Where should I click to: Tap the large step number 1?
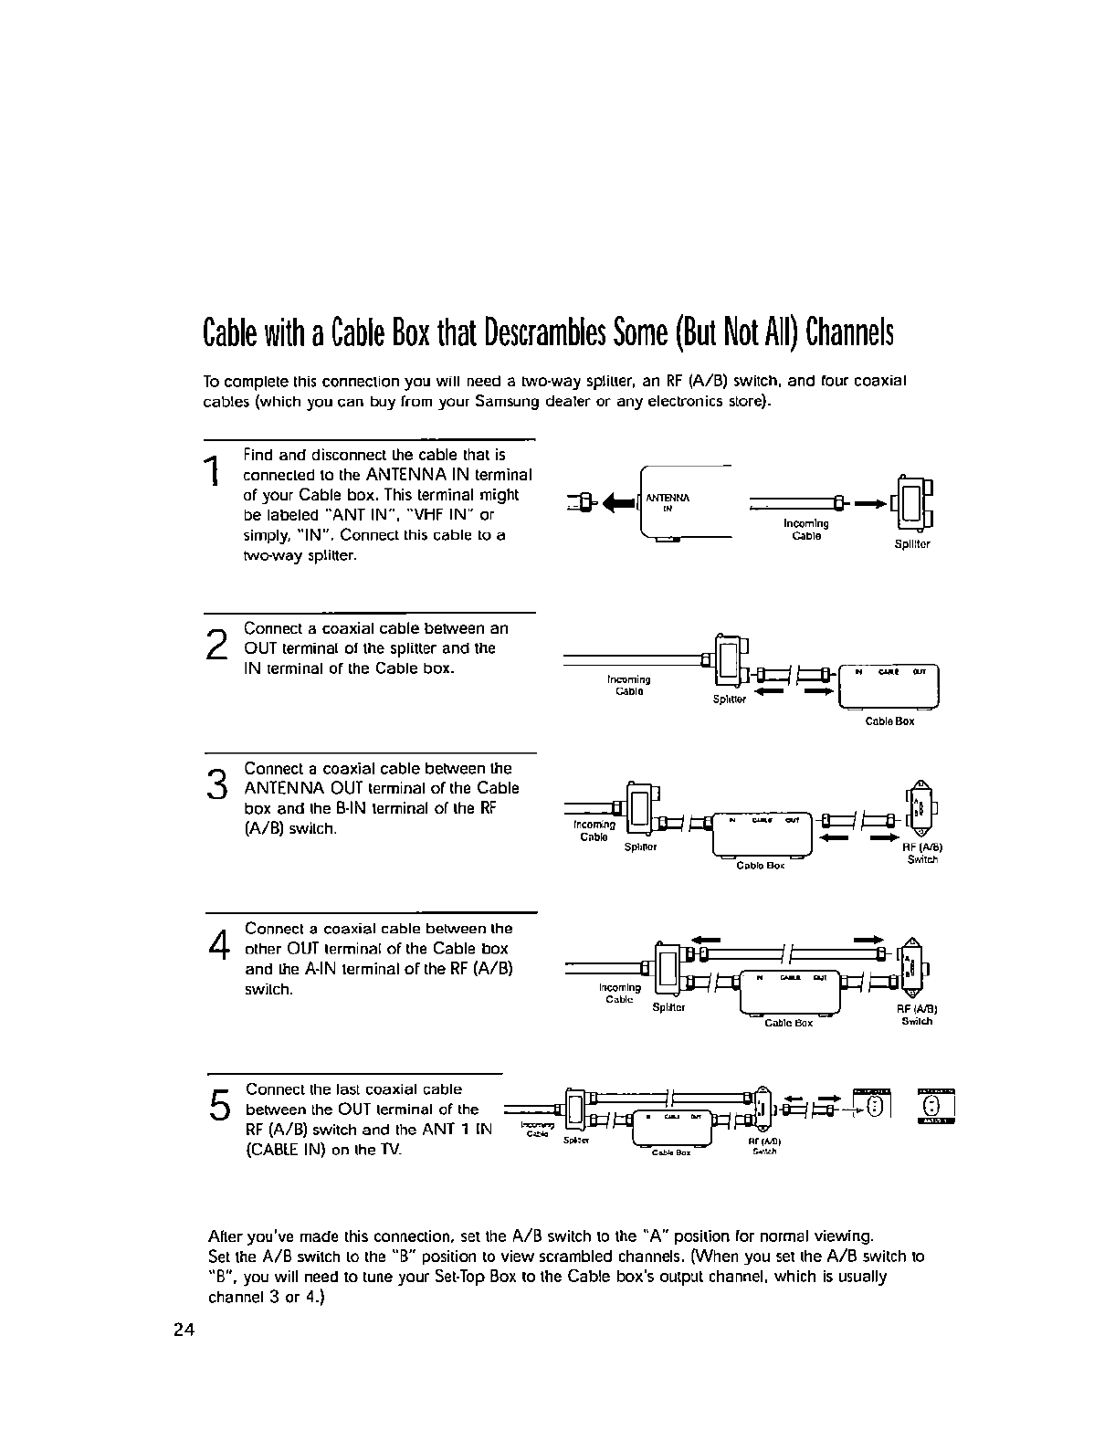tap(212, 472)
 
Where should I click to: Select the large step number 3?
tap(216, 784)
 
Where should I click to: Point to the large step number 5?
tap(219, 1105)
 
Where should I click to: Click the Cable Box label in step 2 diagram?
tap(889, 721)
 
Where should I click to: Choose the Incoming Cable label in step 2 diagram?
tap(628, 685)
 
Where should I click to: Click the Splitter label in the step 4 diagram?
tap(669, 1008)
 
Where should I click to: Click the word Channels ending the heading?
tap(850, 335)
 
